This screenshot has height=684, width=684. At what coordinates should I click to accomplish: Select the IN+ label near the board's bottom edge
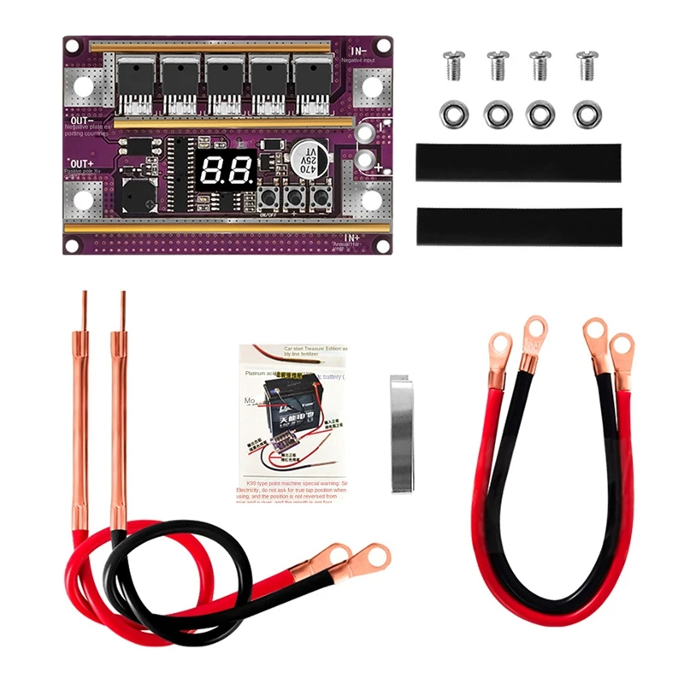pos(354,238)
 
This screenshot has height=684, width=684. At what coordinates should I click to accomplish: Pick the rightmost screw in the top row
pos(587,65)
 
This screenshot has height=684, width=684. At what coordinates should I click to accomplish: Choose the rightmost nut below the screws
pos(587,114)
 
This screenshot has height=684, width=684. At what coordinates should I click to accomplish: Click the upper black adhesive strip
pos(519,162)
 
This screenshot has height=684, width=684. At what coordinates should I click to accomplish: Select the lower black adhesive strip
pos(519,226)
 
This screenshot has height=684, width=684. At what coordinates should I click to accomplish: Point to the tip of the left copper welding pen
pos(85,296)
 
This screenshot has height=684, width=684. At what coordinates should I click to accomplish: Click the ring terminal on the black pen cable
pos(374,557)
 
